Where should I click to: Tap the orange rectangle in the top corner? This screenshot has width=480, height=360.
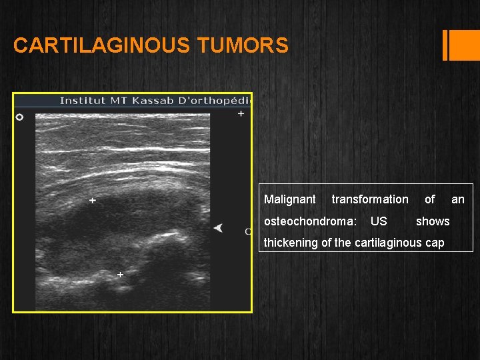click(461, 45)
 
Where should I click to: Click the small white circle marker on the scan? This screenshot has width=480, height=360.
click(19, 117)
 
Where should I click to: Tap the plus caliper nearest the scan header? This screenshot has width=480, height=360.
click(241, 114)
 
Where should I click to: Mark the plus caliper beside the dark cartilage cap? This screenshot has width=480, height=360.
click(92, 200)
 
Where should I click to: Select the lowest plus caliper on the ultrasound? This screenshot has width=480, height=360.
click(120, 274)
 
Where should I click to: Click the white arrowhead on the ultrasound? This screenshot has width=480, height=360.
click(218, 228)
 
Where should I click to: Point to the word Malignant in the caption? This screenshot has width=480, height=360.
click(290, 199)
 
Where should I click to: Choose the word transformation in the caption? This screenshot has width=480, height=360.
click(370, 199)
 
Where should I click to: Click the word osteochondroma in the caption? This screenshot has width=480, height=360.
click(309, 221)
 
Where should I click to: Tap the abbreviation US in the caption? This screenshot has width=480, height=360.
click(379, 221)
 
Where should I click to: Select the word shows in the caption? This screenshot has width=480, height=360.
click(433, 221)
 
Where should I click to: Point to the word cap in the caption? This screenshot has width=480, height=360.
click(435, 243)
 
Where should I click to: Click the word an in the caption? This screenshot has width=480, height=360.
click(458, 199)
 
